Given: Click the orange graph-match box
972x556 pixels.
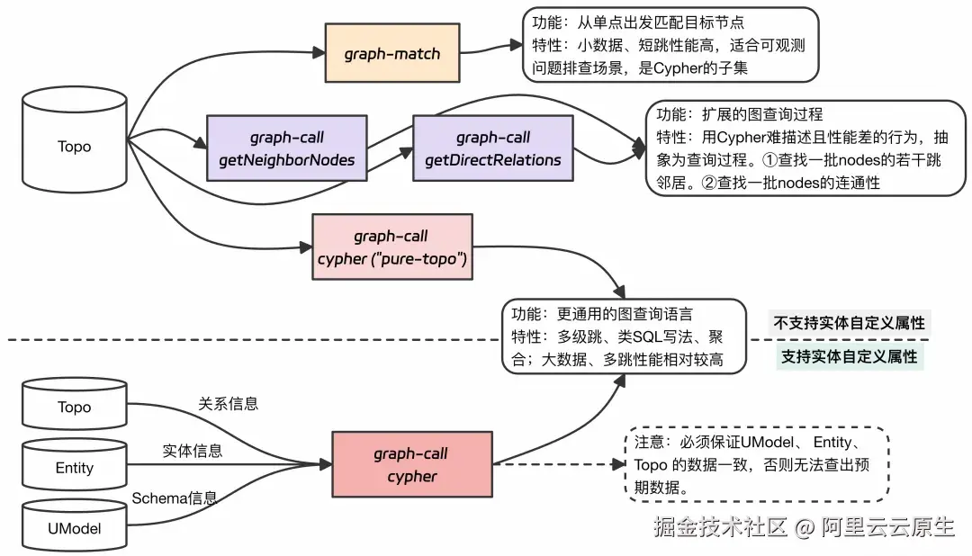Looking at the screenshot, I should coord(391,54).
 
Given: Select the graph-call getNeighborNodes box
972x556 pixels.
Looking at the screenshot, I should coord(286,149).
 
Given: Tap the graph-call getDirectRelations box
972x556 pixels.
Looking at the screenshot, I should coord(492,149).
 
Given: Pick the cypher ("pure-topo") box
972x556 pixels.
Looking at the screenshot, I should coord(391,248).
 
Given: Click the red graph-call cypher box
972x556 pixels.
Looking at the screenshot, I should coord(411,465).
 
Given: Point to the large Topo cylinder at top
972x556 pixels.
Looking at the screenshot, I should coord(74,147).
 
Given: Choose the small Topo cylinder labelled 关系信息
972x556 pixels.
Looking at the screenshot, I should coord(74,408).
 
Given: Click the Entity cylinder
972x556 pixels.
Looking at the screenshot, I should coord(74,468).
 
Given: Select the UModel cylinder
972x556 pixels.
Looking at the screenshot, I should coord(74,529).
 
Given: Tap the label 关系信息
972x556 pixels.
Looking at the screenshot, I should coord(228,404).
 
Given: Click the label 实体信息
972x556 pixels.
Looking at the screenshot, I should coord(193,451).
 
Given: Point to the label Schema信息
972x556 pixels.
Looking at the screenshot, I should coord(174,498).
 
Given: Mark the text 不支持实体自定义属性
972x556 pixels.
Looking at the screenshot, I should coord(850,323).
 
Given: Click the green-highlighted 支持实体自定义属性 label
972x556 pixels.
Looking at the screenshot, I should coord(849,356).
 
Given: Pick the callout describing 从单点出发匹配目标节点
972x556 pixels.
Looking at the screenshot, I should coord(670,44).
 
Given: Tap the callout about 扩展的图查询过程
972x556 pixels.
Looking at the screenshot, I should coord(804,148).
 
